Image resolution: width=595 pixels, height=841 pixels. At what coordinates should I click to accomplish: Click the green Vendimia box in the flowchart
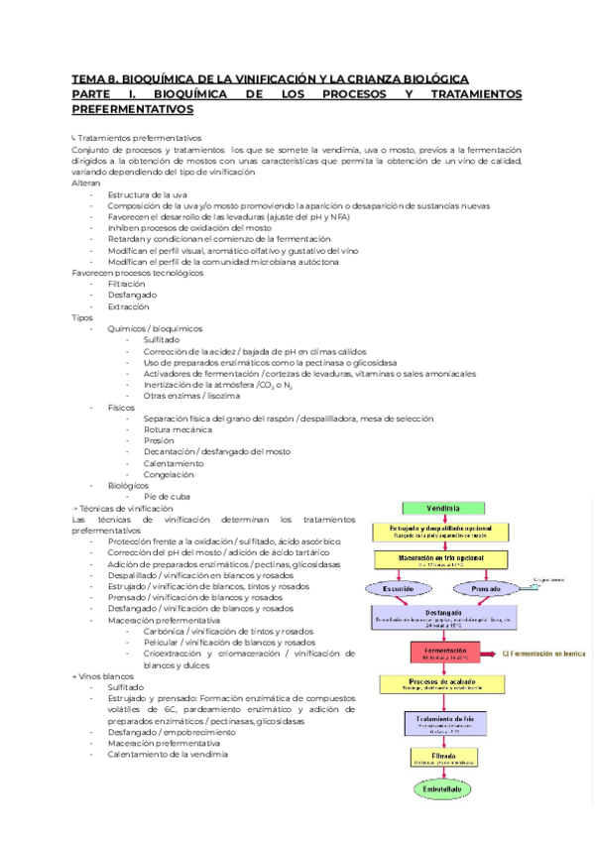(x=443, y=508)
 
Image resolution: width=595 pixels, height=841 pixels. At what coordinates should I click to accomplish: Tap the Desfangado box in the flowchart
(x=443, y=617)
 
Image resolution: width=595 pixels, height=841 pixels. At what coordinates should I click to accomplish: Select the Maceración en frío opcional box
(x=443, y=559)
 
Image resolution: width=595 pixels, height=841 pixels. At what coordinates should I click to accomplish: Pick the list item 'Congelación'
(x=168, y=474)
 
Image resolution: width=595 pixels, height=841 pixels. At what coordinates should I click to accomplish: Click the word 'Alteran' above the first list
(x=86, y=183)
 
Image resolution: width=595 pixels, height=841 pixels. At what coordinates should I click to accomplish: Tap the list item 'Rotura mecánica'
(x=178, y=429)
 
